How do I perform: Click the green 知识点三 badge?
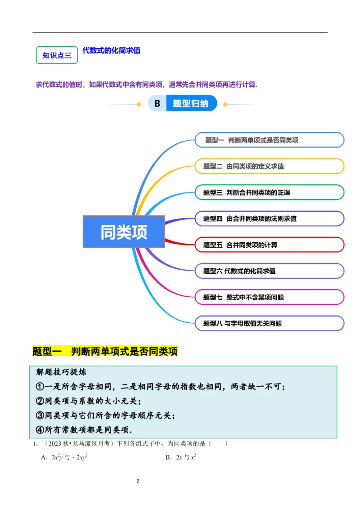(x=57, y=55)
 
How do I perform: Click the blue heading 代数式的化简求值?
(x=111, y=50)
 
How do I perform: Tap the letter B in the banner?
(x=157, y=104)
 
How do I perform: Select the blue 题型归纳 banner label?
(x=191, y=104)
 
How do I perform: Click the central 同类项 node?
(x=124, y=232)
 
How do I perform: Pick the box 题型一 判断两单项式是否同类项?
(x=269, y=140)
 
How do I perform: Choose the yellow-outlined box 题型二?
(x=269, y=166)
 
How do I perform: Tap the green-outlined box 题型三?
(x=269, y=192)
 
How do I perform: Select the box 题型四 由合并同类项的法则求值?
(x=269, y=219)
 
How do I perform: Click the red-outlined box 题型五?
(x=269, y=245)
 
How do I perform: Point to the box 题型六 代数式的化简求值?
(x=269, y=271)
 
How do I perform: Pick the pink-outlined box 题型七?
(x=269, y=297)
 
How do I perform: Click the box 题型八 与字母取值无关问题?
(x=269, y=323)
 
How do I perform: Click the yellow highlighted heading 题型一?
(x=105, y=351)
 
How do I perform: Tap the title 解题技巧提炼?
(x=61, y=372)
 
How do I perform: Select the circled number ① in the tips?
(x=40, y=387)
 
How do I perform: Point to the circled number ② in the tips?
(x=40, y=401)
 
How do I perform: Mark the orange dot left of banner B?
(x=139, y=104)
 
